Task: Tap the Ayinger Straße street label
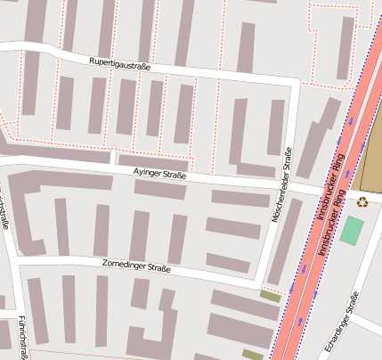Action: (x=159, y=175)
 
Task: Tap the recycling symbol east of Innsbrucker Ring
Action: (x=362, y=201)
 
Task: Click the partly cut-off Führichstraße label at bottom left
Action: (x=18, y=334)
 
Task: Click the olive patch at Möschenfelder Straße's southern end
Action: (x=269, y=295)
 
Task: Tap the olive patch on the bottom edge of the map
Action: (x=253, y=355)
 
